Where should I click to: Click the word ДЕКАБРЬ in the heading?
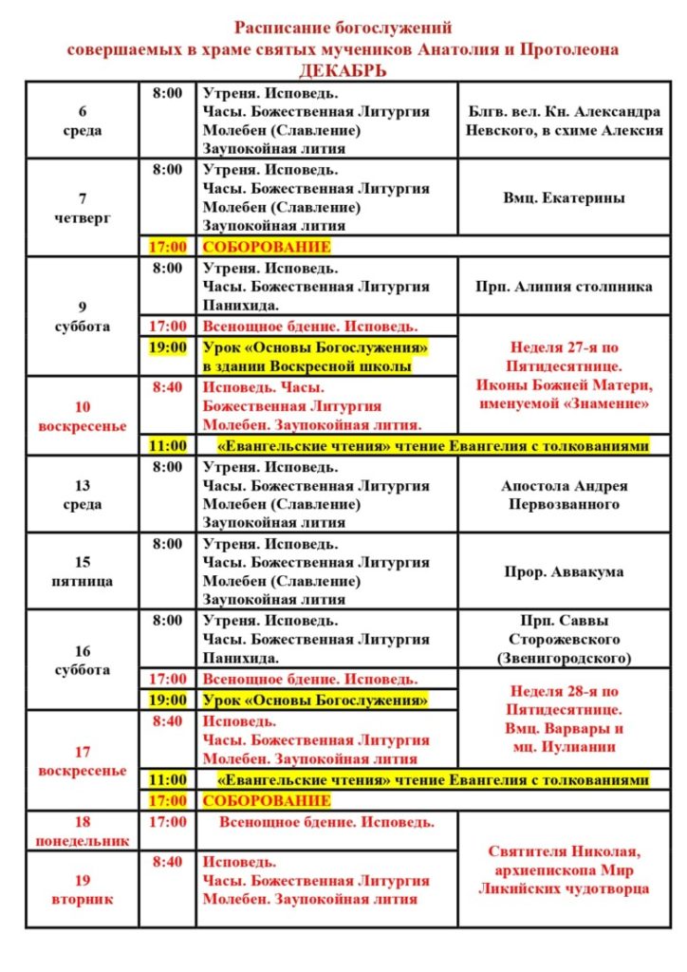343,71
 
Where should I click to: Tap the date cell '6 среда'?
83,121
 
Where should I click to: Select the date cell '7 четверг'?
83,208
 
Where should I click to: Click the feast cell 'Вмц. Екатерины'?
564,198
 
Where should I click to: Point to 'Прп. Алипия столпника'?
564,285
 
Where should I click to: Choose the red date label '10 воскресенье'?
83,417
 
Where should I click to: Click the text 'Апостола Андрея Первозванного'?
564,495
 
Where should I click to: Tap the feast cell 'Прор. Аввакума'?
564,572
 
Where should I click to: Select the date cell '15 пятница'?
83,571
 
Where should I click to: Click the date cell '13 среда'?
83,495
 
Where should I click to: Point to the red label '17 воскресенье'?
83,761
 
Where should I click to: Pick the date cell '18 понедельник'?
83,832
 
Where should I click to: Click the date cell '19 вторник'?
83,888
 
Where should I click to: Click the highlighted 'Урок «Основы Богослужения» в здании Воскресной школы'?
314,357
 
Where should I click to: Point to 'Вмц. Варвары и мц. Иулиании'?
564,738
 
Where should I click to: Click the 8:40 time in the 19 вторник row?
167,862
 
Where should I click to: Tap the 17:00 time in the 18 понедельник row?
167,822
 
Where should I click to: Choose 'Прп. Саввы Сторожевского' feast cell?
564,639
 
